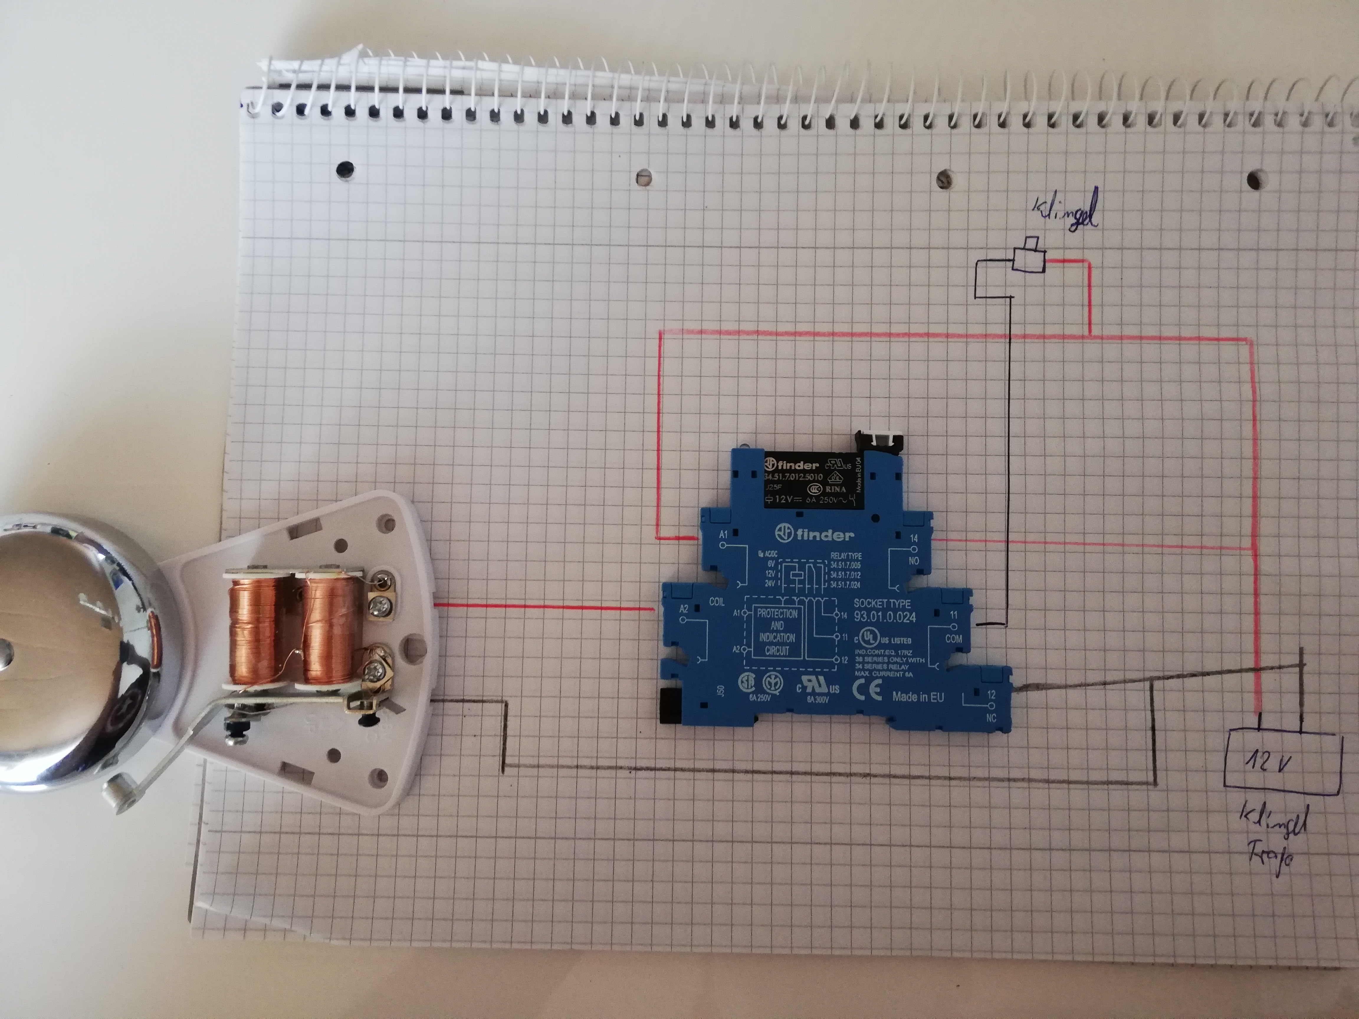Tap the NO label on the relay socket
click(x=914, y=561)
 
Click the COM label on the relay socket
click(x=953, y=639)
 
